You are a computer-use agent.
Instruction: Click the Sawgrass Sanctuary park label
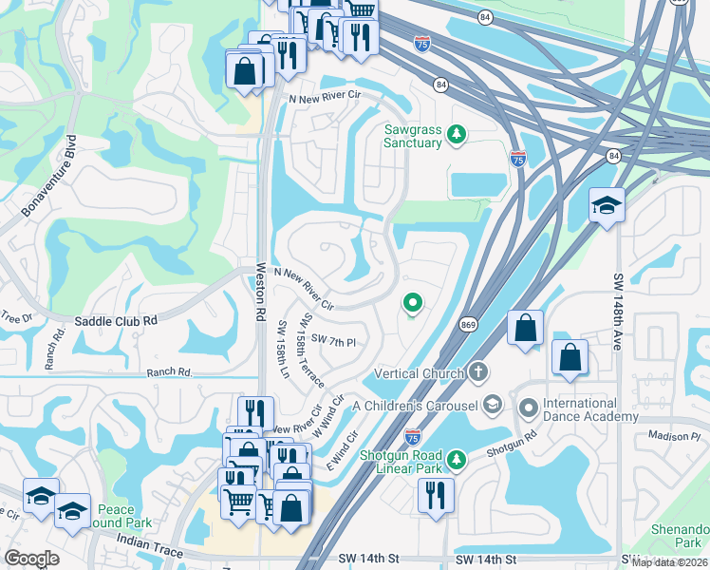tap(412, 137)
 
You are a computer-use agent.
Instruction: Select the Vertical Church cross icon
tap(479, 372)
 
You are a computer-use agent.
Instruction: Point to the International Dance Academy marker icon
tap(529, 409)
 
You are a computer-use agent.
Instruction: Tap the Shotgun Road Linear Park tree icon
tap(458, 460)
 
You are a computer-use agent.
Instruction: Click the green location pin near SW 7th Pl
tap(413, 304)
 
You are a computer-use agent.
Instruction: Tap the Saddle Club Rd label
tap(103, 322)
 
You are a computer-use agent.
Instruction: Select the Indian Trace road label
tap(147, 539)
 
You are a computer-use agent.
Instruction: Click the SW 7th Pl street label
tap(332, 341)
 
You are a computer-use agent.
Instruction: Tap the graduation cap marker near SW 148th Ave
tap(606, 205)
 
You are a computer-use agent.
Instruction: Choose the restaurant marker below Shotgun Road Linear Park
tap(436, 494)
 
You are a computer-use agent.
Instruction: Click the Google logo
tap(32, 558)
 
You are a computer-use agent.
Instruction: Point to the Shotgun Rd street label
tap(514, 442)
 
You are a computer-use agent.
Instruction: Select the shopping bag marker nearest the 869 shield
tap(525, 329)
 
